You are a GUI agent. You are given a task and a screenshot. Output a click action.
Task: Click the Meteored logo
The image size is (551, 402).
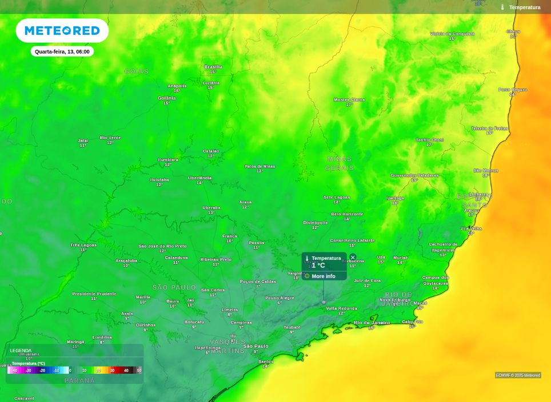click(x=62, y=30)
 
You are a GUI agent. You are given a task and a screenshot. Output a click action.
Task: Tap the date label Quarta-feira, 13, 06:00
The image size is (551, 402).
click(x=62, y=51)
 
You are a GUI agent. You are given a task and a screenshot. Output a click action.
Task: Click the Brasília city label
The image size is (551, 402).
click(x=213, y=67)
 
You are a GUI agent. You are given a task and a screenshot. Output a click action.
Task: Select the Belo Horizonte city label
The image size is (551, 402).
click(x=347, y=214)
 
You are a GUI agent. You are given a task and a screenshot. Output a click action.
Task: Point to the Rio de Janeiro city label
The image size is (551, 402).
click(x=372, y=323)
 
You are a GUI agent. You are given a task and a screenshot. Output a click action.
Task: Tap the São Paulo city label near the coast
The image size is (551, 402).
click(x=255, y=346)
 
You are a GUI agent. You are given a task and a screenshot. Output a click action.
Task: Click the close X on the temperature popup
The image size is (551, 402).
click(x=353, y=258)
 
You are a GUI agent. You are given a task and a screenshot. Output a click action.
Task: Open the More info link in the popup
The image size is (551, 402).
click(x=324, y=276)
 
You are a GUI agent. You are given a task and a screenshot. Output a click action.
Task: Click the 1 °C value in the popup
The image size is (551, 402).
click(x=318, y=266)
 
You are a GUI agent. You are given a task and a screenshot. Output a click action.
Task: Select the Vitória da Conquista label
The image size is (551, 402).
click(x=452, y=34)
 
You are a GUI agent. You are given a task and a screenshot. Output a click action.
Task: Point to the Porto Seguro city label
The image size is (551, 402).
click(x=513, y=90)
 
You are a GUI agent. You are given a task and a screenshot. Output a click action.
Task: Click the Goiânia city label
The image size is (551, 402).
click(x=167, y=98)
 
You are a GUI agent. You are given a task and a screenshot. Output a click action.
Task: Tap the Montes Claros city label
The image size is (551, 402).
click(x=349, y=100)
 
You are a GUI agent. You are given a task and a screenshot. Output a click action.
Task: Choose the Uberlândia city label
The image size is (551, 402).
click(x=200, y=178)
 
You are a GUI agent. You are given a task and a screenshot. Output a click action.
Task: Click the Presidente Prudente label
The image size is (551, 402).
click(x=94, y=294)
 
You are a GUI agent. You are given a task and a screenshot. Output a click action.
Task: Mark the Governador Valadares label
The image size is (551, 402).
click(x=415, y=175)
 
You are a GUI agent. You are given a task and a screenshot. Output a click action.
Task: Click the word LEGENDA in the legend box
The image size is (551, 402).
click(x=21, y=351)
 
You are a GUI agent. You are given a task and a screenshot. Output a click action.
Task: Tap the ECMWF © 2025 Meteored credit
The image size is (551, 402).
click(x=518, y=375)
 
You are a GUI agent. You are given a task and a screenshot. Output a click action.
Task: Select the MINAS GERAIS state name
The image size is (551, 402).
click(x=340, y=163)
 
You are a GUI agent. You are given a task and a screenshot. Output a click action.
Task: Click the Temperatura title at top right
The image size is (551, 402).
click(x=524, y=7)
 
